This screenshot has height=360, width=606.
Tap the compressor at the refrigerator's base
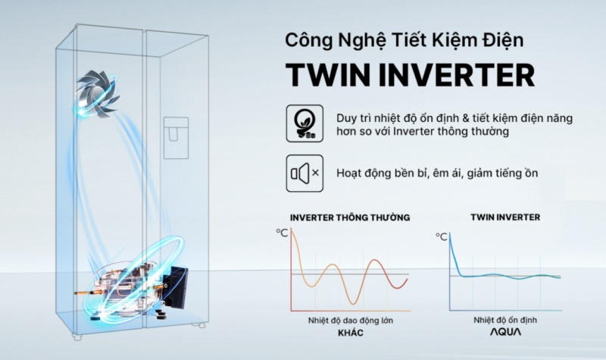[x=133, y=283]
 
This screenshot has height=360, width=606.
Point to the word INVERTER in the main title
[x=454, y=75]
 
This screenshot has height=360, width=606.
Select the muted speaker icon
[x=304, y=174]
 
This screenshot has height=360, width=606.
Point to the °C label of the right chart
[x=441, y=236]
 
